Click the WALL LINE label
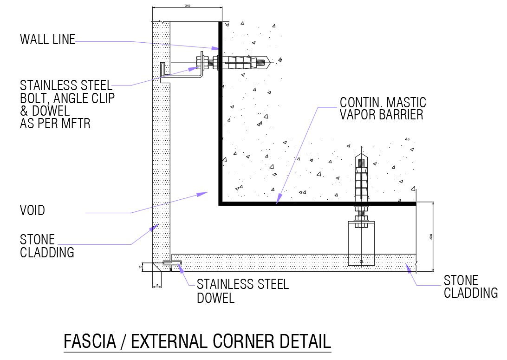click(47, 40)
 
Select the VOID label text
click(32, 210)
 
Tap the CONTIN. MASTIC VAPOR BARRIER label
click(383, 108)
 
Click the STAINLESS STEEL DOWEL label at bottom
click(242, 291)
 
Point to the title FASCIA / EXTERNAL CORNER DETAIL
click(197, 341)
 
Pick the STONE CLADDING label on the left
click(47, 246)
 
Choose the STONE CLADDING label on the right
click(470, 287)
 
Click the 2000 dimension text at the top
click(187, 6)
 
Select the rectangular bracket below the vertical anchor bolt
click(361, 244)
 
